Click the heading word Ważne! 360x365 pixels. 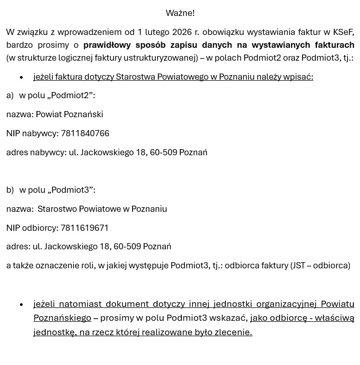pos(180,13)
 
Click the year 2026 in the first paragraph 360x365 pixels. pos(182,32)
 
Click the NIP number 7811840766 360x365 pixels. pos(85,133)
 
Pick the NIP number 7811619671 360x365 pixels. pos(84,228)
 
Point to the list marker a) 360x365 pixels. pos(10,95)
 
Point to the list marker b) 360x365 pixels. pos(10,190)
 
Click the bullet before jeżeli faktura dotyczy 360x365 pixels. pos(22,77)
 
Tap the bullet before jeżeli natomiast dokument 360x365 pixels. pos(22,304)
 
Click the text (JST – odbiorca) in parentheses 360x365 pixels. pos(320,265)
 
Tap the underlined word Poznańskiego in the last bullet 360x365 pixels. pos(62,318)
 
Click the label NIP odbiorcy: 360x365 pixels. pos(32,228)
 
